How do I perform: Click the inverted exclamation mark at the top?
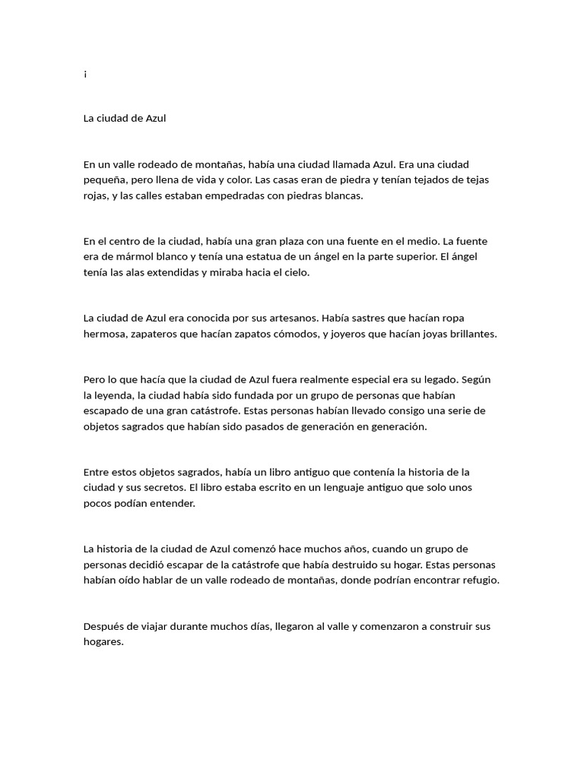tap(86, 75)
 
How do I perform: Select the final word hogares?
tap(103, 641)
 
